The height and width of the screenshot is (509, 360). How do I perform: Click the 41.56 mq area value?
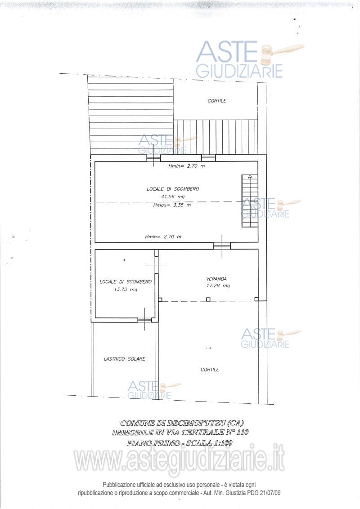click(173, 196)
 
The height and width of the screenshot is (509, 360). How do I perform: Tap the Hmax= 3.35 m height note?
click(172, 205)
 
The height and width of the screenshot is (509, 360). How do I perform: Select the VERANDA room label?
click(216, 279)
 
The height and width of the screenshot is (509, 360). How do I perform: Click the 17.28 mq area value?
click(218, 286)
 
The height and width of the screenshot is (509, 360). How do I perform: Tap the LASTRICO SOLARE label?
click(125, 359)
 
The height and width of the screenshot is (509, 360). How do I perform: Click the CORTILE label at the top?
click(217, 101)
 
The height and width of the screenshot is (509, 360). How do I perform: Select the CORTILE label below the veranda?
click(210, 370)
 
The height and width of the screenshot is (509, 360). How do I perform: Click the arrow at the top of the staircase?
click(250, 177)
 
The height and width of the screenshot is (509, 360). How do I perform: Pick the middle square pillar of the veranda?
click(208, 299)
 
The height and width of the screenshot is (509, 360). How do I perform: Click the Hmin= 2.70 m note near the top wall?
click(186, 166)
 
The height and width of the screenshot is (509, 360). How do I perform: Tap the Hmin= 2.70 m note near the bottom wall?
click(163, 237)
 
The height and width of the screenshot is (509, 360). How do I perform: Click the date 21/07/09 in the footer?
click(270, 493)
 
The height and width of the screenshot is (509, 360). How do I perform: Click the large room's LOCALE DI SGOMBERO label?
click(173, 189)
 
